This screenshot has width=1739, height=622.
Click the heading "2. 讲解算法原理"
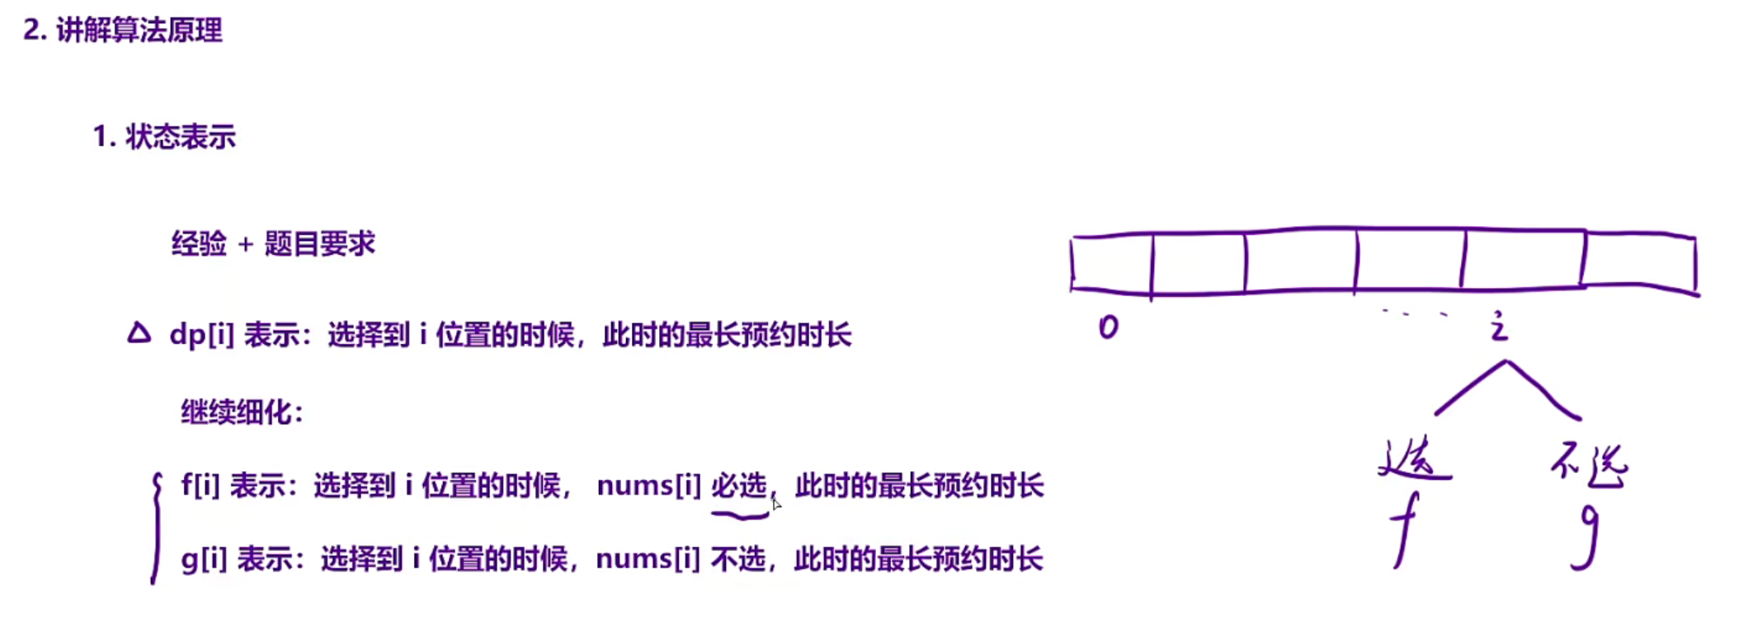click(123, 31)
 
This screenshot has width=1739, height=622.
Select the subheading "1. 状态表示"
click(164, 137)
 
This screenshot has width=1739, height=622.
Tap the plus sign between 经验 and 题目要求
click(245, 244)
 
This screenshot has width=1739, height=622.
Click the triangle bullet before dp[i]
click(139, 333)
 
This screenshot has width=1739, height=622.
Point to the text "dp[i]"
click(201, 335)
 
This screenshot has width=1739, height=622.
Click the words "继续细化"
click(237, 412)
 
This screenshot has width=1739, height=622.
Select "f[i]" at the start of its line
click(200, 486)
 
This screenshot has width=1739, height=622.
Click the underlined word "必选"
click(739, 486)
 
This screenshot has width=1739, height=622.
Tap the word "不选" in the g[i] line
click(738, 559)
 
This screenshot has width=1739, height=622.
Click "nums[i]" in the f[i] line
click(648, 486)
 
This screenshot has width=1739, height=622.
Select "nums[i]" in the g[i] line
click(648, 559)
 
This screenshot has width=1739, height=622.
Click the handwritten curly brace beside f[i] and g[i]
click(156, 528)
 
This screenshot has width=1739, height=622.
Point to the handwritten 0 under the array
click(1108, 327)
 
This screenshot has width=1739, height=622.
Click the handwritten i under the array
click(1499, 327)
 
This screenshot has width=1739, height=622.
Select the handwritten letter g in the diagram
click(1587, 536)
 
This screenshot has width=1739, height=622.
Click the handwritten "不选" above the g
click(1589, 465)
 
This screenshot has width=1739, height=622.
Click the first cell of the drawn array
click(1111, 263)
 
